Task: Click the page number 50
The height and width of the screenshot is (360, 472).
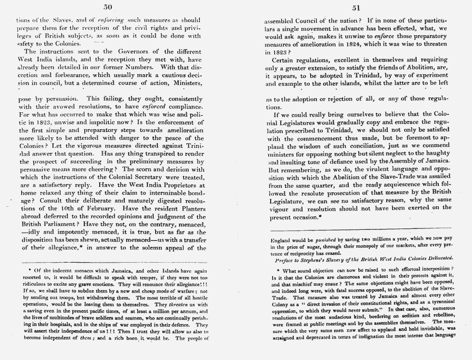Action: click(x=108, y=7)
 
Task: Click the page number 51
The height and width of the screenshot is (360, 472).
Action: click(x=356, y=7)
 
